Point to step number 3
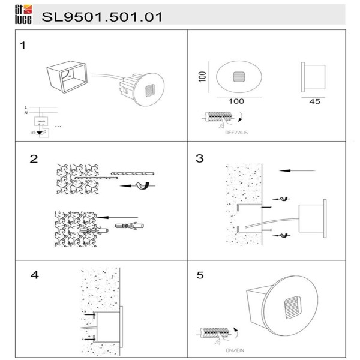coord(200,159)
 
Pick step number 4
coord(34,275)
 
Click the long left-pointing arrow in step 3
coord(297,171)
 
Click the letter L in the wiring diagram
coord(25,106)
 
